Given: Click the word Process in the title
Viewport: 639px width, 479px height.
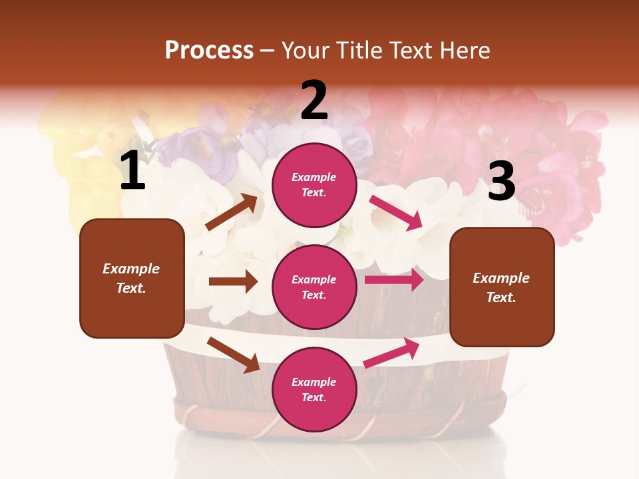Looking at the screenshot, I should [x=209, y=50].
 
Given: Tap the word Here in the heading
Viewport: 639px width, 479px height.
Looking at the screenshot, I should [x=463, y=50].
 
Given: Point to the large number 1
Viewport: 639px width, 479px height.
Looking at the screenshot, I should [x=132, y=171].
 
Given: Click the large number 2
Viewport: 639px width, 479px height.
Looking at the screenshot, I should [x=314, y=100].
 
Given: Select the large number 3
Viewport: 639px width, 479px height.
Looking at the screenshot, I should [x=501, y=181].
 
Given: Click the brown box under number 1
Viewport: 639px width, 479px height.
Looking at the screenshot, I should [x=132, y=278].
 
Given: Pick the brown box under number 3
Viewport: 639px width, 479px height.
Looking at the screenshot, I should [x=502, y=287].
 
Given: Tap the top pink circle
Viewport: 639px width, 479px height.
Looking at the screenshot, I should [x=314, y=185].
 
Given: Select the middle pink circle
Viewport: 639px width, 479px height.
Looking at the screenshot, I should [x=314, y=287].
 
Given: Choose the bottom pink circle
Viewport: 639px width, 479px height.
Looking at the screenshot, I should [x=314, y=389].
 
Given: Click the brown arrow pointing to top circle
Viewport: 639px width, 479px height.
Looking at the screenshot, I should [x=232, y=212].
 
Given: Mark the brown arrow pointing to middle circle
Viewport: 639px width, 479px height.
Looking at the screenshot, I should [x=233, y=281].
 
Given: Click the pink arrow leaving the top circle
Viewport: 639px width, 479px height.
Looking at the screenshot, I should [x=396, y=212].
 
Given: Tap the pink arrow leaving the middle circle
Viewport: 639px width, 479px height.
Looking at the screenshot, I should [x=394, y=280].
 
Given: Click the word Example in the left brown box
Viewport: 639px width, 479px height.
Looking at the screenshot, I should [x=131, y=269].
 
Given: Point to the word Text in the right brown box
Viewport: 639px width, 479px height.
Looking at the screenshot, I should [x=501, y=297].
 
